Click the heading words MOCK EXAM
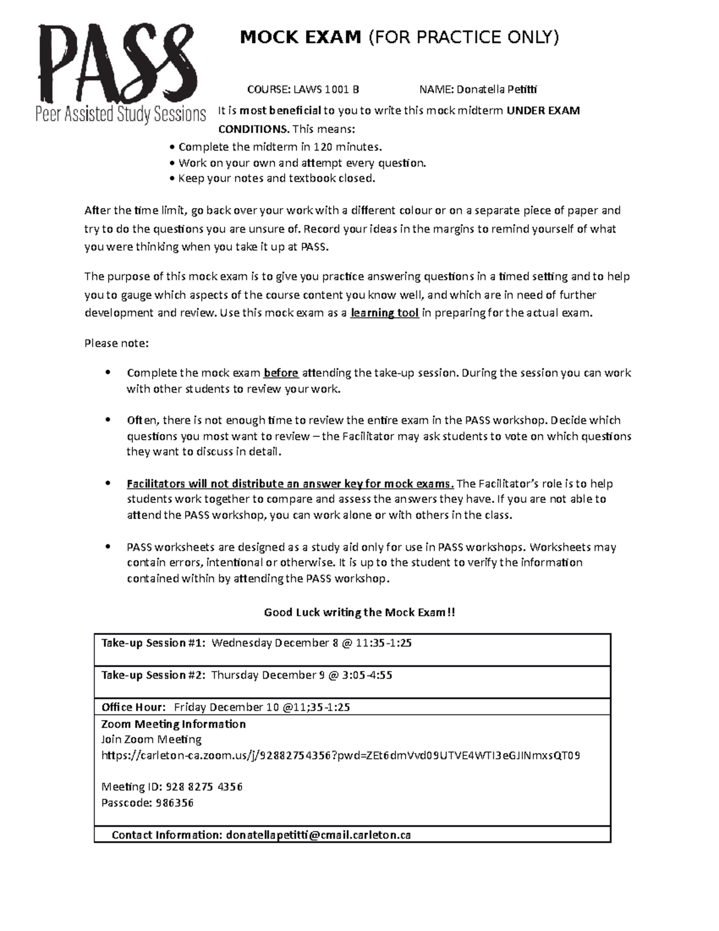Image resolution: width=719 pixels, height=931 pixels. pyautogui.click(x=300, y=38)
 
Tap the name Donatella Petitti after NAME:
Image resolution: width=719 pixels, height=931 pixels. pyautogui.click(x=497, y=90)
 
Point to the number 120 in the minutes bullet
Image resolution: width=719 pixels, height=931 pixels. pyautogui.click(x=324, y=147)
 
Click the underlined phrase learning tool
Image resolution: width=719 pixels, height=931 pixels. pyautogui.click(x=384, y=313)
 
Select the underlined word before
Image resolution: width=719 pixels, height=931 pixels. pyautogui.click(x=281, y=373)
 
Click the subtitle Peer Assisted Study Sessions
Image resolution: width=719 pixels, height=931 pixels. pyautogui.click(x=120, y=114)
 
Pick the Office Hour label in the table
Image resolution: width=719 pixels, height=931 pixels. pyautogui.click(x=133, y=707)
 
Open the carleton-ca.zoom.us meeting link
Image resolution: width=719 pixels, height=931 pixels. pyautogui.click(x=340, y=755)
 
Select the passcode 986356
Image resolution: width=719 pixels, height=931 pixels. pyautogui.click(x=174, y=803)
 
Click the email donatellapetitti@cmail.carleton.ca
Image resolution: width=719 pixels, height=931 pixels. pyautogui.click(x=318, y=834)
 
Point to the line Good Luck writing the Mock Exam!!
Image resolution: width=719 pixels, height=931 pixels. pyautogui.click(x=359, y=612)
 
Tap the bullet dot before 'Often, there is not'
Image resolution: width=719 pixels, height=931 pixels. pyautogui.click(x=108, y=420)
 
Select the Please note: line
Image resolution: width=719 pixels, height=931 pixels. pyautogui.click(x=116, y=344)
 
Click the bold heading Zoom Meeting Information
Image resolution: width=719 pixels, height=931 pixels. pyautogui.click(x=174, y=724)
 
